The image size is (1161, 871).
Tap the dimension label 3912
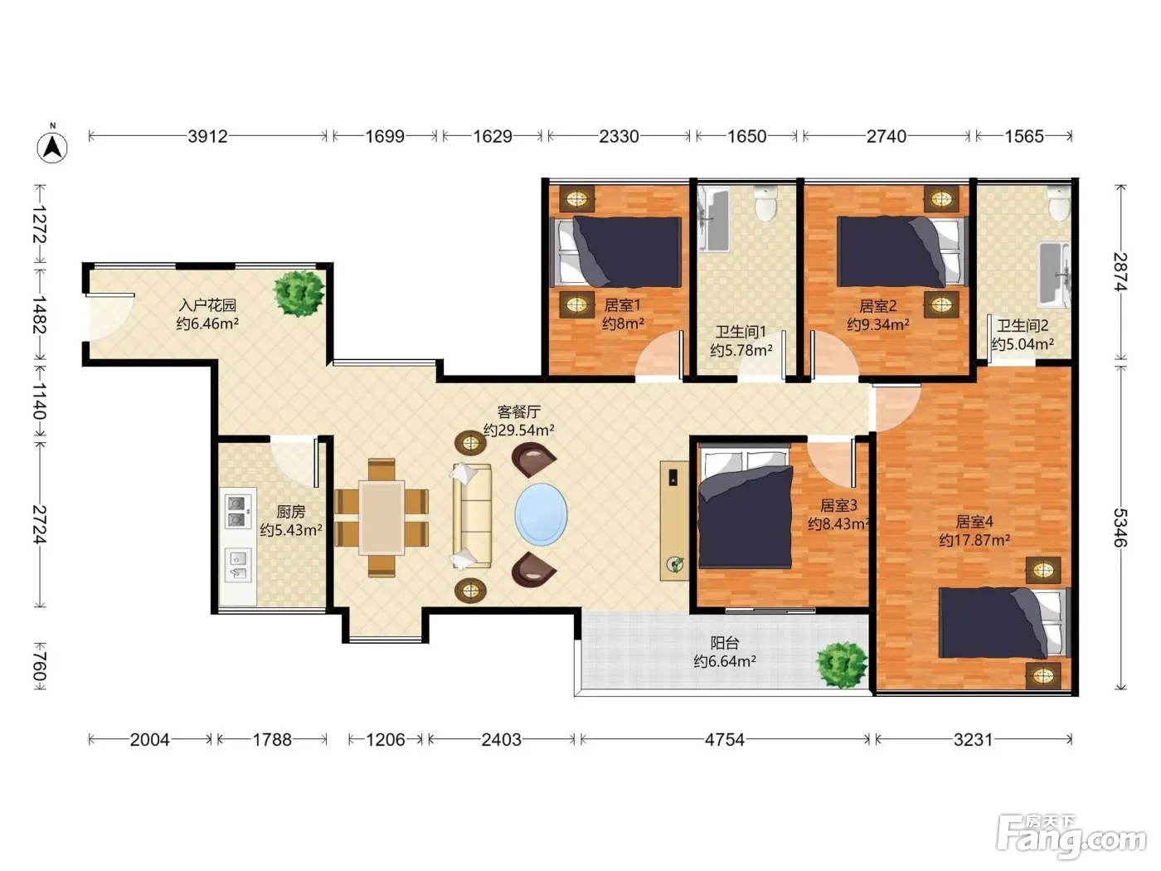pyautogui.click(x=207, y=136)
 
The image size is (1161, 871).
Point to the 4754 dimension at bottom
pyautogui.click(x=724, y=739)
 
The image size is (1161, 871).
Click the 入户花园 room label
pyautogui.click(x=207, y=305)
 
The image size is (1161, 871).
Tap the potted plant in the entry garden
pyautogui.click(x=299, y=294)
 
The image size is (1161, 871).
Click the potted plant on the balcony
pyautogui.click(x=841, y=664)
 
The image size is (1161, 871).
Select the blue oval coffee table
pyautogui.click(x=541, y=514)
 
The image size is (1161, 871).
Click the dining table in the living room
pyautogui.click(x=381, y=517)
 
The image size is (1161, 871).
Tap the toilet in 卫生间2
pyautogui.click(x=1060, y=203)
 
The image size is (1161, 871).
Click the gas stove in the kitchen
pyautogui.click(x=238, y=511)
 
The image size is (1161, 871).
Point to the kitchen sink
pyautogui.click(x=238, y=565)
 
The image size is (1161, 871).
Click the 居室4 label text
pyautogui.click(x=974, y=522)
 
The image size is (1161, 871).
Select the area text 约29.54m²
pyautogui.click(x=518, y=430)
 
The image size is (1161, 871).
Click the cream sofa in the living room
pyautogui.click(x=472, y=516)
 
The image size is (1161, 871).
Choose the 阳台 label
pyautogui.click(x=724, y=643)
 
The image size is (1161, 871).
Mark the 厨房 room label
pyautogui.click(x=290, y=511)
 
